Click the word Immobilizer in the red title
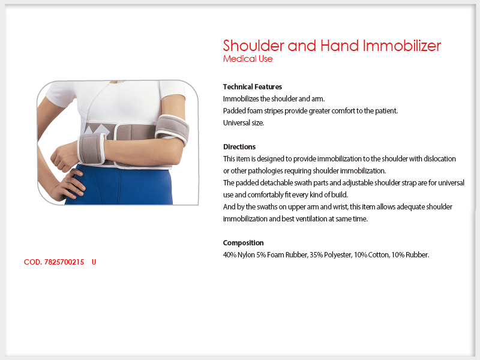tap(402, 46)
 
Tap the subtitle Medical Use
tap(248, 59)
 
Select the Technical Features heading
tap(253, 87)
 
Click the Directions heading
tap(239, 147)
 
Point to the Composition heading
tap(244, 243)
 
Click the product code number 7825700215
tap(64, 262)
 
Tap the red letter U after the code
tap(94, 262)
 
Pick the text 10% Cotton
tap(371, 254)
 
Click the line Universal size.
tap(244, 123)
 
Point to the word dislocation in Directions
tap(440, 159)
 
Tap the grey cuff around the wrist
tap(92, 148)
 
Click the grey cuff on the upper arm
tap(172, 129)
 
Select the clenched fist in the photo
tap(64, 157)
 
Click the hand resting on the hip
tap(69, 185)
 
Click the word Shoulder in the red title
tap(254, 46)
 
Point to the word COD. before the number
tap(33, 262)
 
